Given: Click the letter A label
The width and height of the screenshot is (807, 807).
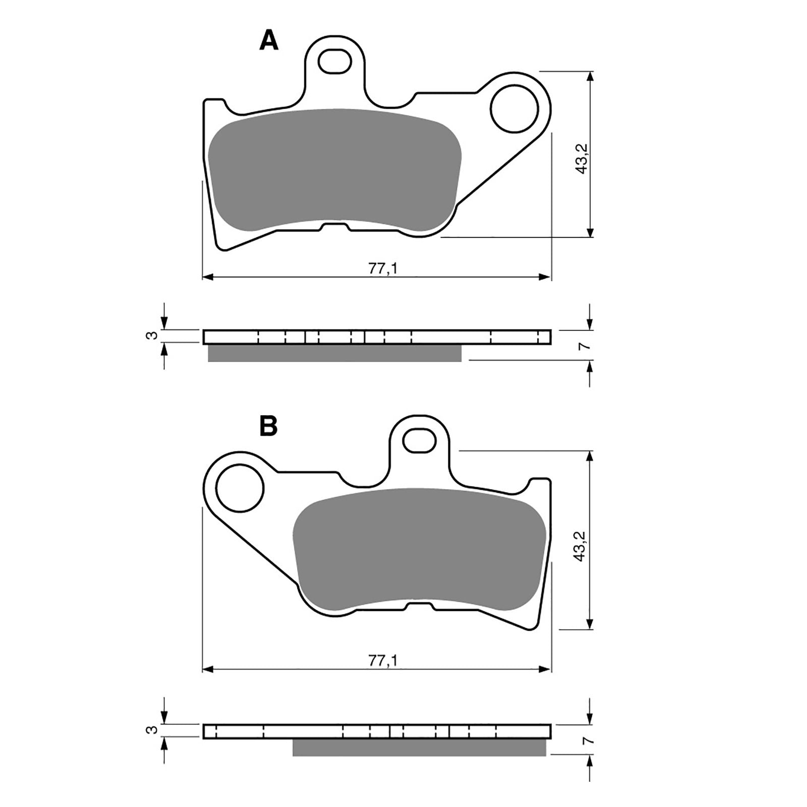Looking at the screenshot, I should [x=268, y=40].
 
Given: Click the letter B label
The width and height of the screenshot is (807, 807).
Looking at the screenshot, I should [x=268, y=426].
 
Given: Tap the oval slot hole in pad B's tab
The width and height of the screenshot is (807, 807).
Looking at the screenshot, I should [x=420, y=440].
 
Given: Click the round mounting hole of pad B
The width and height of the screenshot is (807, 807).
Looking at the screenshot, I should [x=240, y=488].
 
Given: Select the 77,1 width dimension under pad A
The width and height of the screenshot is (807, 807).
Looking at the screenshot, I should [x=383, y=269].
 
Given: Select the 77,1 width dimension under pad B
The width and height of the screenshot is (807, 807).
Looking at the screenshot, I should [x=383, y=661].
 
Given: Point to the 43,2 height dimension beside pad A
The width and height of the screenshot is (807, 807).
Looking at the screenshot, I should [x=582, y=158].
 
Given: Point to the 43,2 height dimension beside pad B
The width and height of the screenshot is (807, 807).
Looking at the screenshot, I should [x=582, y=546].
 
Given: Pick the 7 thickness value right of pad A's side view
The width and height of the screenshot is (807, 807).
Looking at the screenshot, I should [x=586, y=346].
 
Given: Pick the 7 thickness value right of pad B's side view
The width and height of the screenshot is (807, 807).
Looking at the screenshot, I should [x=586, y=740].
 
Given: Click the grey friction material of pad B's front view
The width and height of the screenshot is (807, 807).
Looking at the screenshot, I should [x=419, y=550].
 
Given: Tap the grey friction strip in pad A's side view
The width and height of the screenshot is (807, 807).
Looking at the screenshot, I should [x=334, y=353].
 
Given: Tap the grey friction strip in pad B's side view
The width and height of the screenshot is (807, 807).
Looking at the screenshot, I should [x=419, y=747].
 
